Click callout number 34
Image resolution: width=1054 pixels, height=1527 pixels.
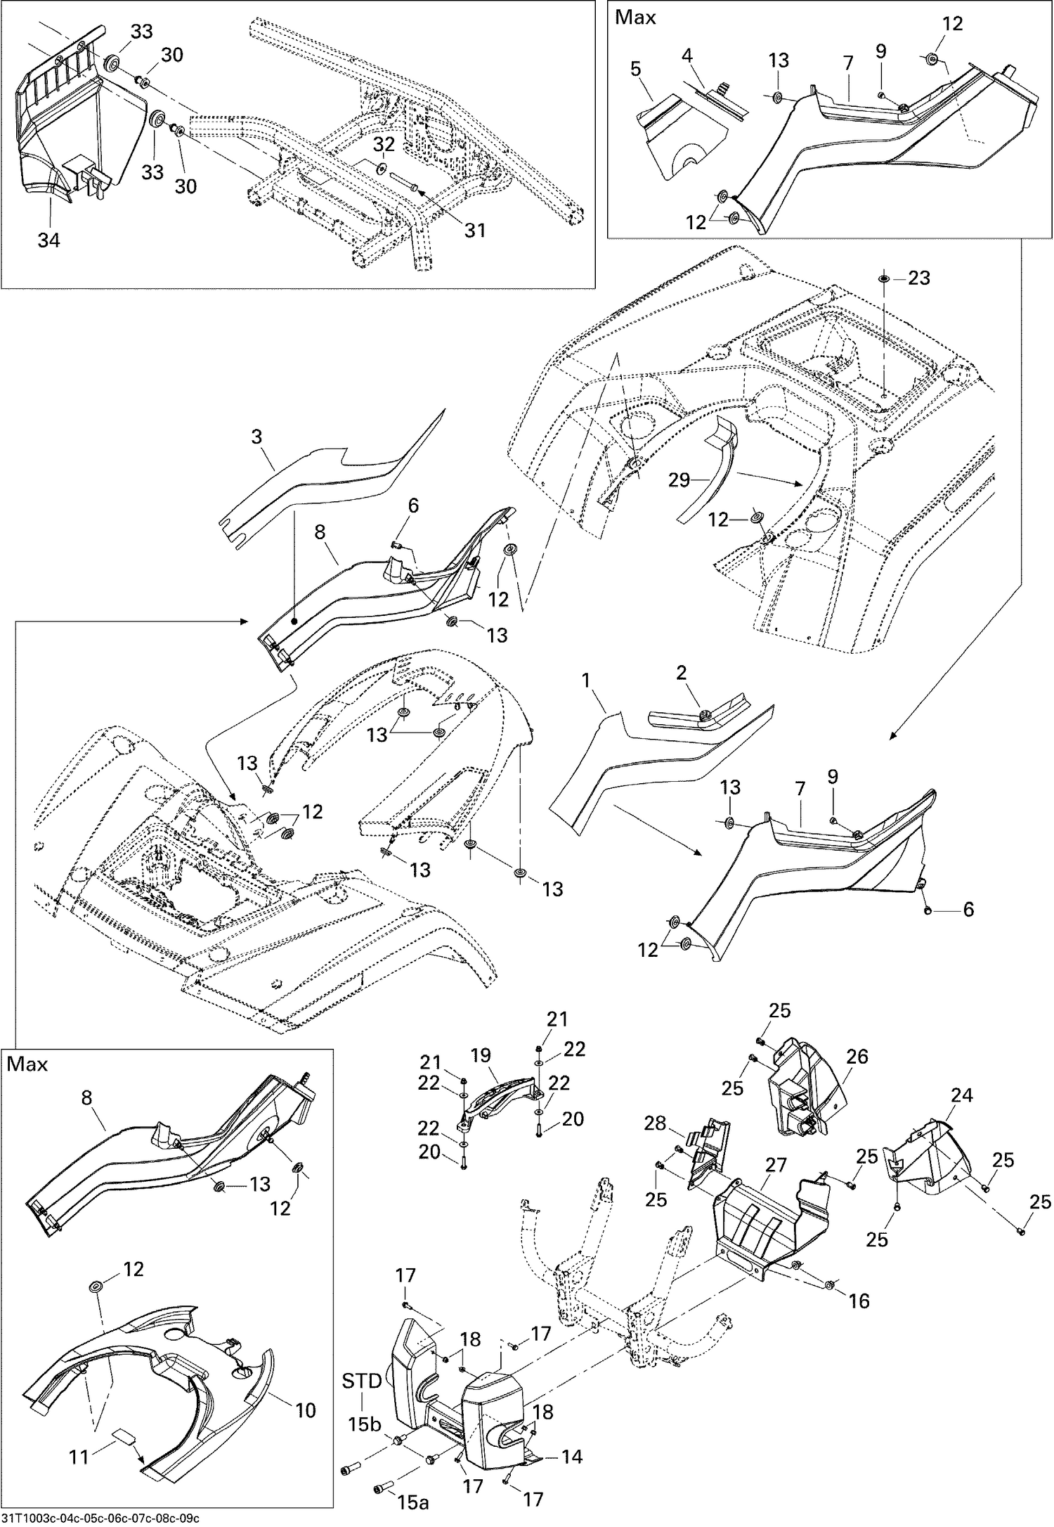(x=48, y=240)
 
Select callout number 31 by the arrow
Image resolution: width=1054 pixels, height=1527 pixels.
(x=475, y=230)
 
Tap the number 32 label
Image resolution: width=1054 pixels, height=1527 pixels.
(x=384, y=144)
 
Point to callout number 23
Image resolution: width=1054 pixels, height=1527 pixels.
(x=918, y=278)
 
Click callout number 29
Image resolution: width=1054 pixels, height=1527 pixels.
(x=679, y=480)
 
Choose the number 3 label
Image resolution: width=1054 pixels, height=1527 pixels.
(x=256, y=437)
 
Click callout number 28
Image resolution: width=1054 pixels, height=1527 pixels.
(x=655, y=1123)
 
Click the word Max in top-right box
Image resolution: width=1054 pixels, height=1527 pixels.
(x=635, y=17)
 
